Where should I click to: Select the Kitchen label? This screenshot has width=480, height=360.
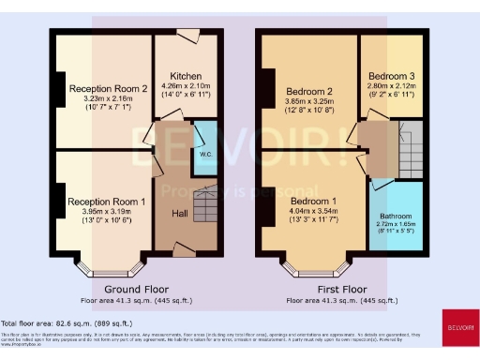pyautogui.click(x=187, y=76)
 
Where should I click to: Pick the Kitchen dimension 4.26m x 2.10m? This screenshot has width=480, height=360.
pyautogui.click(x=187, y=87)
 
